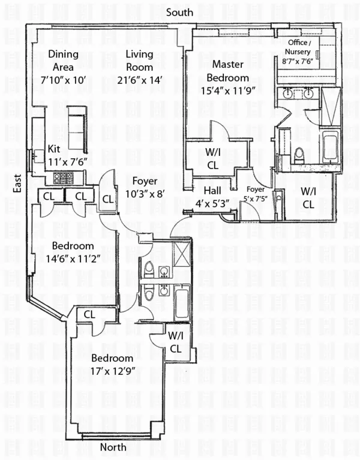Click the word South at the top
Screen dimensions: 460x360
pyautogui.click(x=179, y=12)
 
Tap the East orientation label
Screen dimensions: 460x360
pyautogui.click(x=17, y=184)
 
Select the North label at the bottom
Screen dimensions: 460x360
pyautogui.click(x=113, y=447)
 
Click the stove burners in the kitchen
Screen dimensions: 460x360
pyautogui.click(x=64, y=178)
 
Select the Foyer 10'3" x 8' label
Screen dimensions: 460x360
pyautogui.click(x=144, y=193)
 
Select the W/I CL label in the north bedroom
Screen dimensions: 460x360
pyautogui.click(x=175, y=342)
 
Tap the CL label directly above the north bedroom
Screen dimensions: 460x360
pyautogui.click(x=89, y=314)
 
